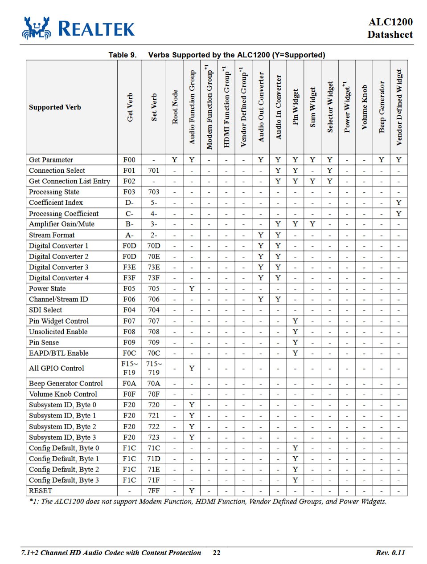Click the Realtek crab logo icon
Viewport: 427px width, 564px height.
pyautogui.click(x=37, y=28)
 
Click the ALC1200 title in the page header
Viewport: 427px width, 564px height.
pyautogui.click(x=390, y=22)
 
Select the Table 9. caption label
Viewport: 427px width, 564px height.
pyautogui.click(x=122, y=55)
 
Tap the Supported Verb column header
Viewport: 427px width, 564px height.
pyautogui.click(x=55, y=107)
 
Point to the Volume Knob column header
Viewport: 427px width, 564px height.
pyautogui.click(x=364, y=107)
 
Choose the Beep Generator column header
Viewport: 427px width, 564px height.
pyautogui.click(x=382, y=107)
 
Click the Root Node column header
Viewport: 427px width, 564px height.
pyautogui.click(x=175, y=107)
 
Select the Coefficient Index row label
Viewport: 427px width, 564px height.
pyautogui.click(x=56, y=203)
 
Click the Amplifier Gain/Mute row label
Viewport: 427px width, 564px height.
pyautogui.click(x=62, y=224)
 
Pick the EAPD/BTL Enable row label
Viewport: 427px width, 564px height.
pyautogui.click(x=58, y=353)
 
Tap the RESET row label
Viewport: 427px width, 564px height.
pyautogui.click(x=41, y=491)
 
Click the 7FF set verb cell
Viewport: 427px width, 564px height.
pyautogui.click(x=154, y=491)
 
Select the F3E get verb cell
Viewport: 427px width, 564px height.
pyautogui.click(x=129, y=267)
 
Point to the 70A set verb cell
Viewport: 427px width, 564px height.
pyautogui.click(x=154, y=383)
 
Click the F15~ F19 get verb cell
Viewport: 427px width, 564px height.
pyautogui.click(x=129, y=368)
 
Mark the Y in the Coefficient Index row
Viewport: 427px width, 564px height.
pyautogui.click(x=398, y=203)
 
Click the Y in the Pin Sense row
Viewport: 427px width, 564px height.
pyautogui.click(x=295, y=342)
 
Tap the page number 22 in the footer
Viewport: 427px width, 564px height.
pyautogui.click(x=217, y=553)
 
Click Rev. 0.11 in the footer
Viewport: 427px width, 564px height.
pyautogui.click(x=390, y=553)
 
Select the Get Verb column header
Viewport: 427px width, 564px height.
pyautogui.click(x=129, y=107)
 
